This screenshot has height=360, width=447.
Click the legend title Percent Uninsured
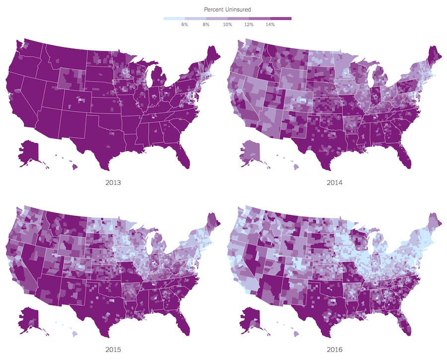point(227,9)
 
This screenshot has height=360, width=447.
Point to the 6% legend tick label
point(185,24)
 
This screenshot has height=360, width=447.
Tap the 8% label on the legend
point(206,24)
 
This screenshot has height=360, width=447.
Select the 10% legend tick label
point(227,24)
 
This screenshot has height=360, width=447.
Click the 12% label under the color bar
point(248,24)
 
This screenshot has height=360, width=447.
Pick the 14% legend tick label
point(270,24)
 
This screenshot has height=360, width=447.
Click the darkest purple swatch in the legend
point(281,19)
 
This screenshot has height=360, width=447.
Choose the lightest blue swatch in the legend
point(174,19)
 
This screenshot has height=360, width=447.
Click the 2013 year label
point(113,182)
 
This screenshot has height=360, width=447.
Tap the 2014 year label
point(334,182)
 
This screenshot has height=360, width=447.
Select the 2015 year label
point(113,350)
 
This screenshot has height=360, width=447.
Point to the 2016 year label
point(334,350)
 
